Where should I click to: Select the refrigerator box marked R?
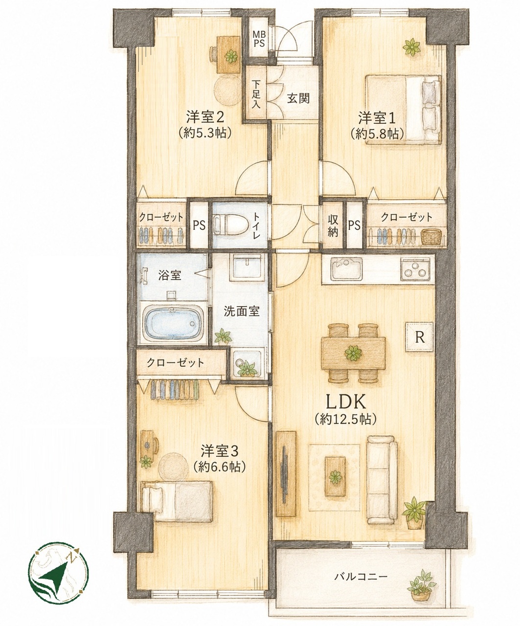click(x=420, y=337)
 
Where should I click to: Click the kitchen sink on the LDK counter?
click(x=346, y=268)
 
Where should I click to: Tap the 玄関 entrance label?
click(x=298, y=98)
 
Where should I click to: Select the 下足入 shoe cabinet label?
click(x=256, y=94)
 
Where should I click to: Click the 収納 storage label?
click(x=333, y=226)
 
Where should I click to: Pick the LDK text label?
click(x=346, y=402)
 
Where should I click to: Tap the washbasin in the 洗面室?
click(x=248, y=266)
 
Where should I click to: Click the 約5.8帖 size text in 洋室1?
click(x=377, y=134)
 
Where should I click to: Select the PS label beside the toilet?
click(x=199, y=225)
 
